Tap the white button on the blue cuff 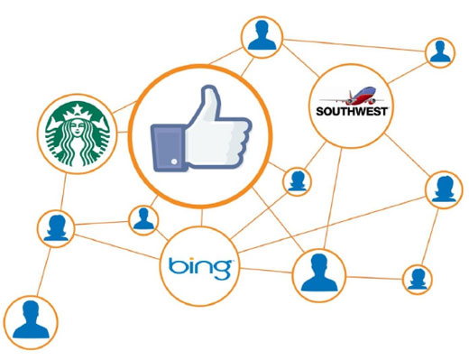(174, 162)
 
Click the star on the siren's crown (78, 108)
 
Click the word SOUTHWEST (352, 111)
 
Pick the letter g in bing (222, 269)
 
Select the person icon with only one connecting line (31, 323)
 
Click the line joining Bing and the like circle (202, 217)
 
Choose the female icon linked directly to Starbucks (56, 228)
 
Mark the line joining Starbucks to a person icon (63, 192)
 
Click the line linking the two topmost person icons (354, 45)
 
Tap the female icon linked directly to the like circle (297, 181)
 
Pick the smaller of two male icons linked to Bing (143, 220)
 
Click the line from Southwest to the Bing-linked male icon (333, 198)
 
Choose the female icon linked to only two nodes (418, 280)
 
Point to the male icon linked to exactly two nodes (440, 52)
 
